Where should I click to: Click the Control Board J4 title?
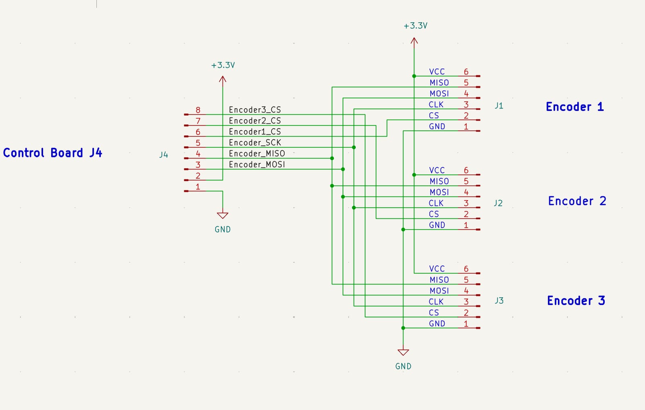point(52,153)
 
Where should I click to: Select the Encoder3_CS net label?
point(255,110)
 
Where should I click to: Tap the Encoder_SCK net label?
point(255,143)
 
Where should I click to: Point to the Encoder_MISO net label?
point(257,153)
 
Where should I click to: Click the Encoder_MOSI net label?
point(257,164)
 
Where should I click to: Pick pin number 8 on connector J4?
point(198,110)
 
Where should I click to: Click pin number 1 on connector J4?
point(198,187)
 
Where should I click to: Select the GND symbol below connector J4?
point(223,215)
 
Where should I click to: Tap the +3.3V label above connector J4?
point(223,65)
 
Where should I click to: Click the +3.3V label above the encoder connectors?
point(416,26)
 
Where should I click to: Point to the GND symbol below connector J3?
point(403,352)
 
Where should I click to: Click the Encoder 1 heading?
point(575,107)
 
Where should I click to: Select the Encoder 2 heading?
point(577,201)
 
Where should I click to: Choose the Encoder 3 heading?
point(576,300)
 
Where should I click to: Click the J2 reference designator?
point(498,203)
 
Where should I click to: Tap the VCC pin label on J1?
point(437,71)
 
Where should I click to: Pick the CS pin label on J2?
point(434,214)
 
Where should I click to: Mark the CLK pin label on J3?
point(436,302)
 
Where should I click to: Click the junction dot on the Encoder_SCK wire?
point(354,147)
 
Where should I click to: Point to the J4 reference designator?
point(164,155)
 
